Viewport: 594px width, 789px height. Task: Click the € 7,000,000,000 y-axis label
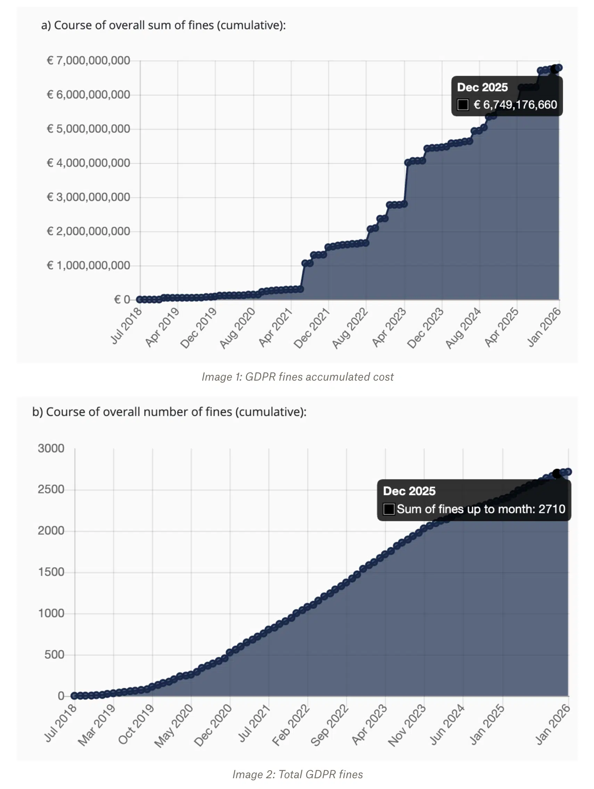click(x=88, y=60)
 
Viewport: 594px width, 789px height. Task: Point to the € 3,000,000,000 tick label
click(x=88, y=197)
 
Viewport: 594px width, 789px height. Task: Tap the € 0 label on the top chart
click(x=122, y=300)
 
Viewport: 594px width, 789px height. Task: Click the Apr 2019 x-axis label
click(x=162, y=327)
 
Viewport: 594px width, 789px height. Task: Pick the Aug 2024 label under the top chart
click(x=463, y=328)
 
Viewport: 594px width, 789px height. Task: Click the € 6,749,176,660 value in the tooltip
click(x=515, y=105)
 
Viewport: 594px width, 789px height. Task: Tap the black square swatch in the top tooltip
click(x=463, y=105)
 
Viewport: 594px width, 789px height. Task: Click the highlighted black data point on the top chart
click(x=555, y=69)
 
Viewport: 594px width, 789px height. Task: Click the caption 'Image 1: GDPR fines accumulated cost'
click(x=297, y=377)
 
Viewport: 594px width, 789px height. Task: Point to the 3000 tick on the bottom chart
click(x=51, y=448)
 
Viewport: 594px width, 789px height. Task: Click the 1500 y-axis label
click(x=51, y=572)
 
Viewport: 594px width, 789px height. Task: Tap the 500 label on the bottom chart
click(x=54, y=655)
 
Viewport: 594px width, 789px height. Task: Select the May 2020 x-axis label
click(x=174, y=725)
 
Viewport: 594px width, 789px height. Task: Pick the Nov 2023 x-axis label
click(x=407, y=725)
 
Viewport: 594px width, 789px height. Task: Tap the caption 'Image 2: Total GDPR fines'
click(x=297, y=774)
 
